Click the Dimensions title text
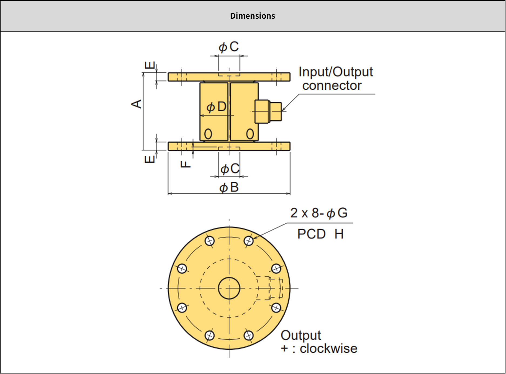[x=252, y=16]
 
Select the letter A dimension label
[x=137, y=104]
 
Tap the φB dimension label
[x=229, y=187]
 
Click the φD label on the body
[x=216, y=107]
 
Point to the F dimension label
[x=186, y=164]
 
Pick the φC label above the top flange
[x=229, y=47]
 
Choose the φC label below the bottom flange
[x=230, y=169]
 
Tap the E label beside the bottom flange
[x=150, y=159]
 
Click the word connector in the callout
[x=332, y=86]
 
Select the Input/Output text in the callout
[x=336, y=72]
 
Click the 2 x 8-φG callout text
[x=319, y=213]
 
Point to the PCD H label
[x=320, y=234]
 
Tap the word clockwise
[x=329, y=349]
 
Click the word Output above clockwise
[x=301, y=335]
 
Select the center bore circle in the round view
[x=229, y=288]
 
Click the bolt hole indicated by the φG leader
[x=248, y=241]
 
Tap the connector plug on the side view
[x=268, y=111]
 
